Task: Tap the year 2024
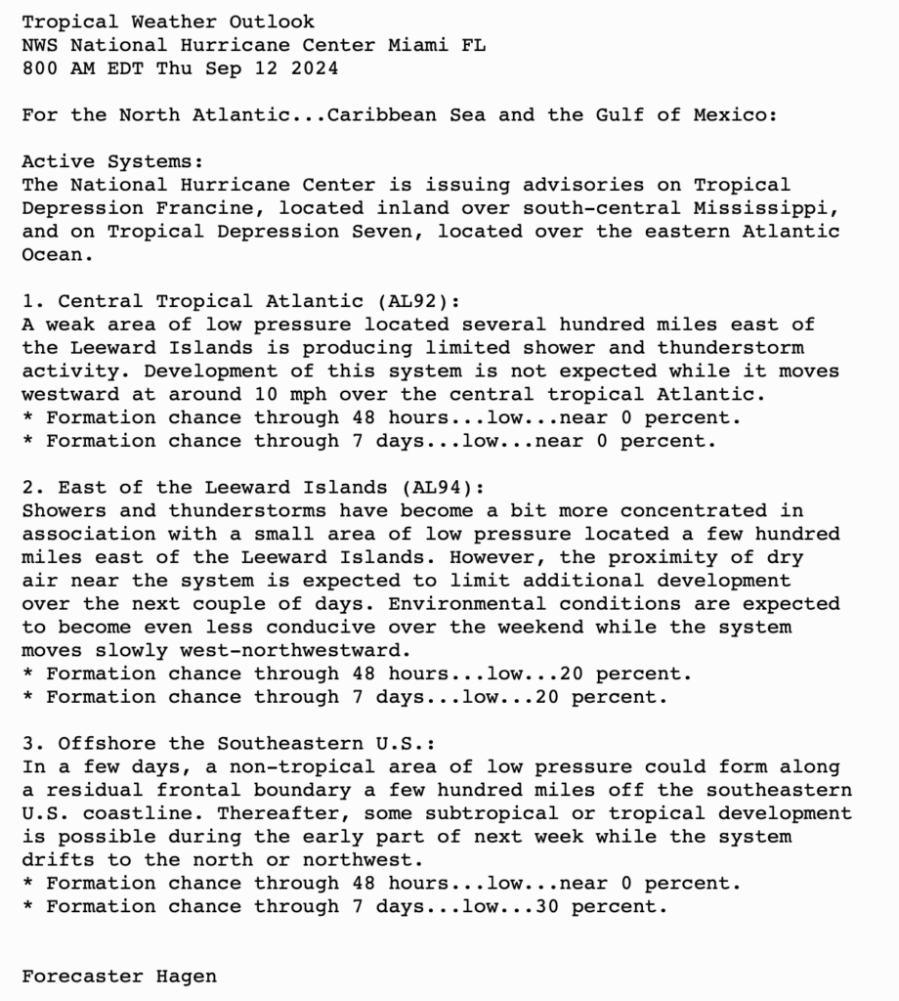[x=315, y=68]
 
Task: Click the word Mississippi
[x=772, y=208]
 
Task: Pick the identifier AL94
[x=442, y=487]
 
